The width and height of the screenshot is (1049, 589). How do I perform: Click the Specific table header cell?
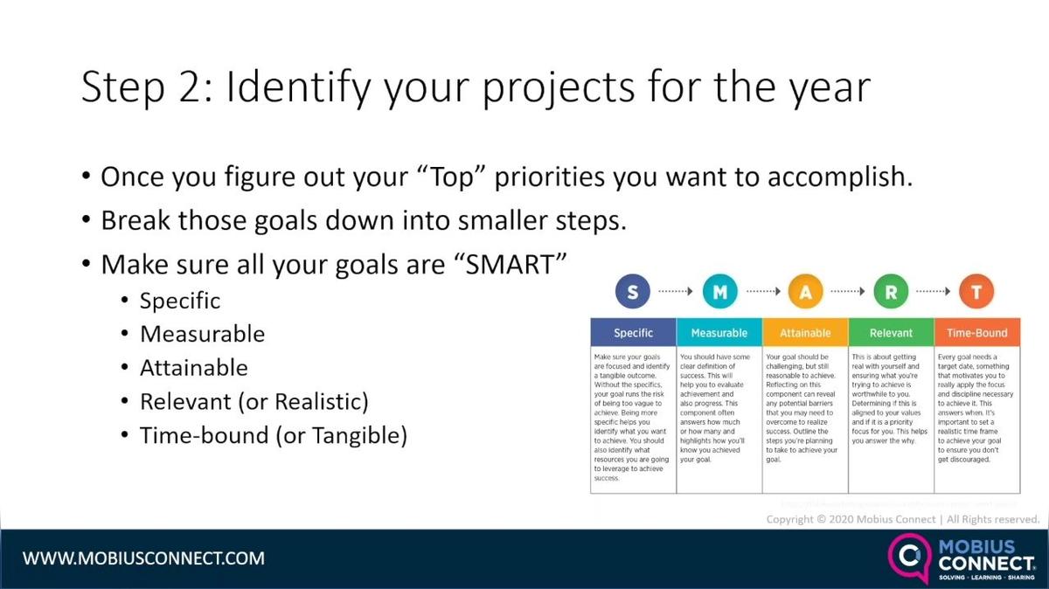(x=634, y=333)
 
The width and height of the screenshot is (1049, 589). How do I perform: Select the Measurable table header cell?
(x=719, y=333)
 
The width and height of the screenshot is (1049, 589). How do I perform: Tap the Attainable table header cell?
(x=805, y=333)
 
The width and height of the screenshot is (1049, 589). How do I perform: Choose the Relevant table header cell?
(x=891, y=333)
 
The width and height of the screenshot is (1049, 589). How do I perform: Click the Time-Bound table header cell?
(x=977, y=333)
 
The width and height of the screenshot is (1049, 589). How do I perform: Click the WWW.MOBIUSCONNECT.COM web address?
(x=143, y=558)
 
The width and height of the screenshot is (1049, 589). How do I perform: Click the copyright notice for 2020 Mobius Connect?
(x=902, y=519)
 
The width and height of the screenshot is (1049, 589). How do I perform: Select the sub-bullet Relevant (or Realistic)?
(x=254, y=401)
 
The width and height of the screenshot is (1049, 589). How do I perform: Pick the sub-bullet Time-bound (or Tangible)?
(x=273, y=435)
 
